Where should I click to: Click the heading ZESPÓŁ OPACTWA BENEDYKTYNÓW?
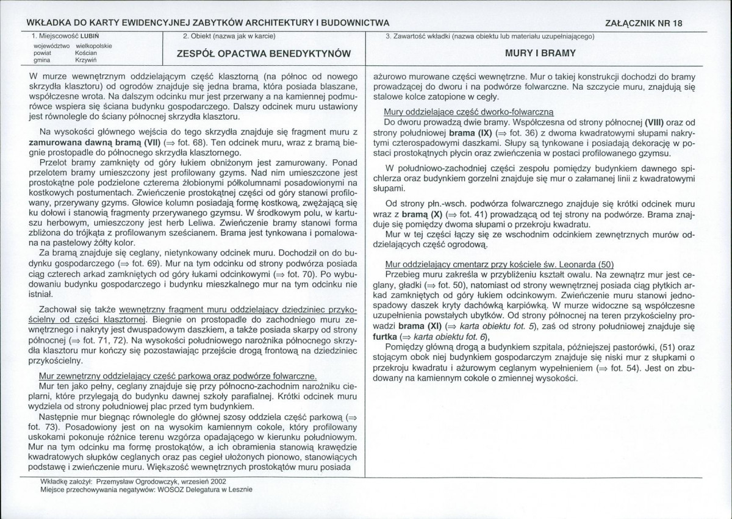coord(264,53)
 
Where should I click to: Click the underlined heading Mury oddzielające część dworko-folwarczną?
coord(468,112)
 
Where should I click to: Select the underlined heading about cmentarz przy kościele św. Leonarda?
coord(500,264)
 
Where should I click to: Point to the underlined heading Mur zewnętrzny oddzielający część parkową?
coord(178,376)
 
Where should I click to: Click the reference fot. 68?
coord(181,141)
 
